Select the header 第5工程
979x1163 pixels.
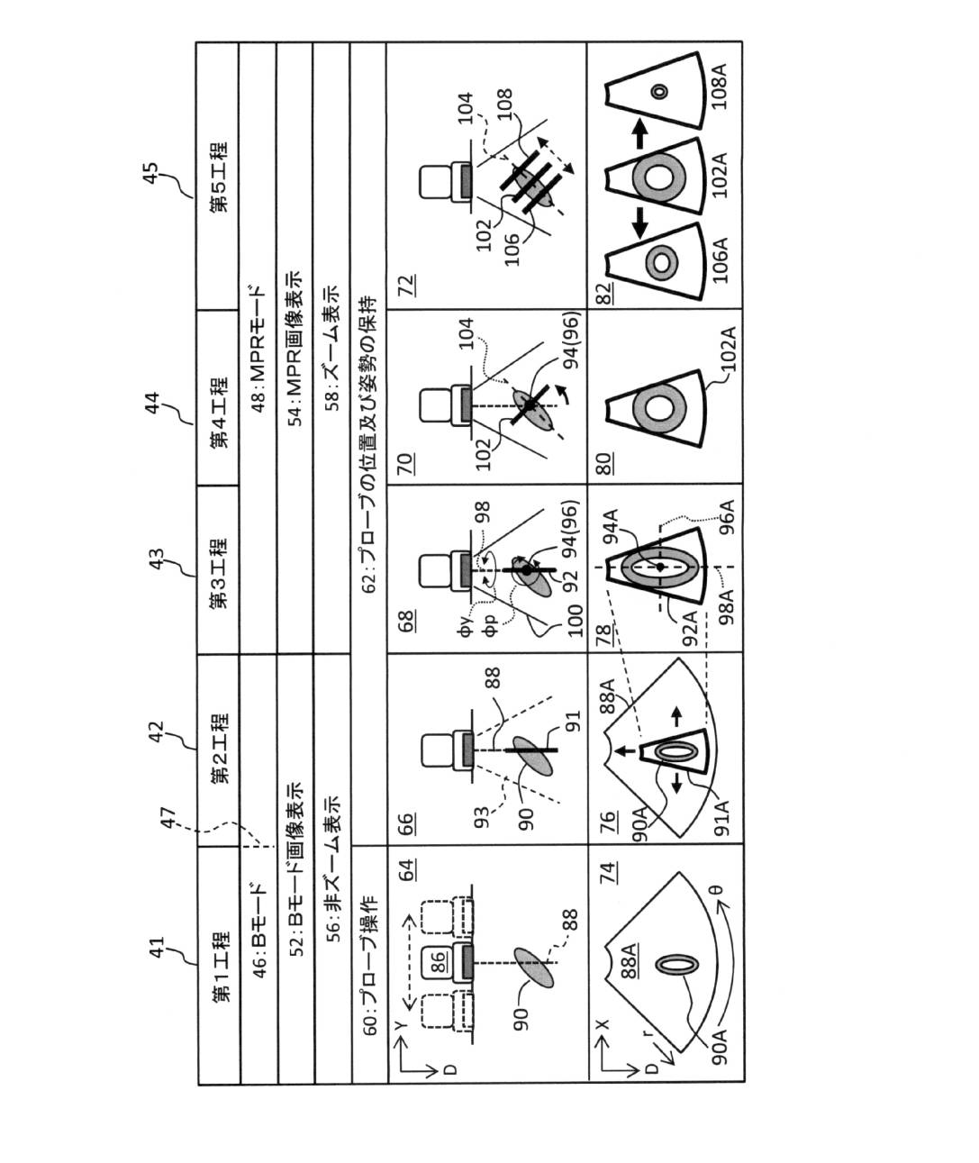(x=219, y=177)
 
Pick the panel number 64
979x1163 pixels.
(x=407, y=870)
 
